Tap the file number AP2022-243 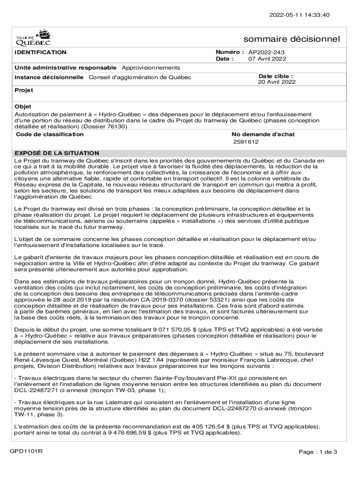click(267, 52)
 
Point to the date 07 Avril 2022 click(267, 59)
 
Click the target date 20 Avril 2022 click(277, 82)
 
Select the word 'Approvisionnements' click(151, 68)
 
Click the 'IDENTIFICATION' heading click(41, 52)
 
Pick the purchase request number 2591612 click(246, 142)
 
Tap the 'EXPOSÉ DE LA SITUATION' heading click(57, 153)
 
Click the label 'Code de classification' click(50, 134)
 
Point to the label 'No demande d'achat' click(265, 134)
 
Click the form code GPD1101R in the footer click(27, 451)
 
